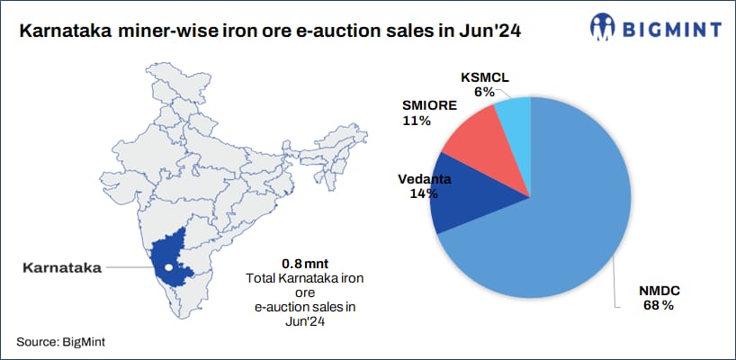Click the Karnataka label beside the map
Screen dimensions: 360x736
click(61, 266)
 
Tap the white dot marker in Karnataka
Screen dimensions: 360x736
click(167, 267)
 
